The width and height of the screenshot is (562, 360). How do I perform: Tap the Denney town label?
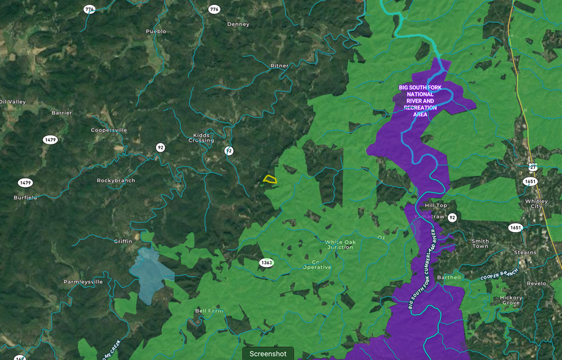click(x=238, y=24)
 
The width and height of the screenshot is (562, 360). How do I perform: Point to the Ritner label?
click(x=279, y=66)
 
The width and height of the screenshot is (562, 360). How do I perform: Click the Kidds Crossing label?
click(x=201, y=138)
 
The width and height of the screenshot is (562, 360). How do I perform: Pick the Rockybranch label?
click(x=115, y=181)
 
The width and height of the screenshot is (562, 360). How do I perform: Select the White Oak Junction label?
click(x=340, y=245)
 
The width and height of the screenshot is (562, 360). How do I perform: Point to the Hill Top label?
click(x=435, y=206)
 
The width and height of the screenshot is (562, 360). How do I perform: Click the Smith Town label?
click(x=480, y=243)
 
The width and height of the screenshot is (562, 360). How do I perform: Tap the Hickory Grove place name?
click(x=511, y=300)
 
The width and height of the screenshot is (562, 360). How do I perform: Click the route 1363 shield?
click(x=266, y=263)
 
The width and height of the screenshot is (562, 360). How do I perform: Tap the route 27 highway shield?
click(x=532, y=167)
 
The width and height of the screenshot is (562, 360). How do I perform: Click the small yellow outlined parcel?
click(x=270, y=179)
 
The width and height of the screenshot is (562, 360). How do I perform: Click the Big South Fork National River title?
click(x=420, y=101)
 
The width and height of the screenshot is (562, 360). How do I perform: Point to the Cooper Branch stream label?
click(x=499, y=275)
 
